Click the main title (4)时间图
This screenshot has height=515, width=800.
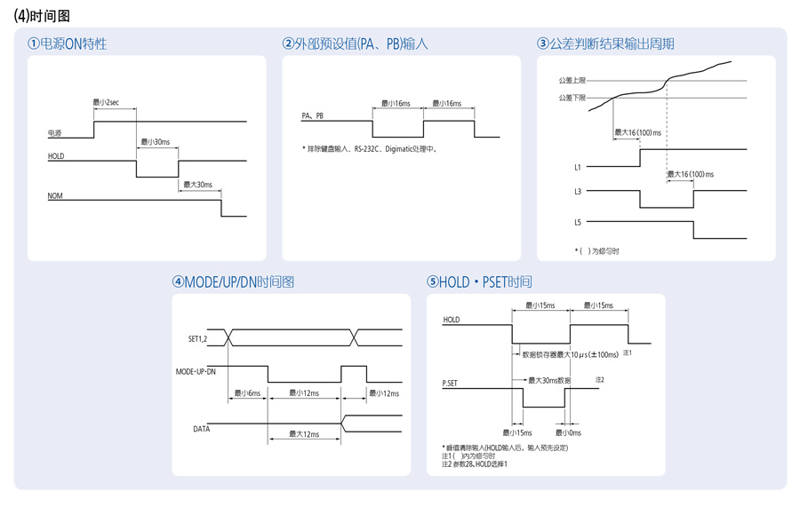42,16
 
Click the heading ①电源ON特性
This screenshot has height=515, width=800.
67,44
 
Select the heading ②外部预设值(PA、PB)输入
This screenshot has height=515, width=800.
355,44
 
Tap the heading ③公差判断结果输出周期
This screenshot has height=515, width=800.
605,44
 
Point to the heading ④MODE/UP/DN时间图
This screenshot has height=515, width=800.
233,282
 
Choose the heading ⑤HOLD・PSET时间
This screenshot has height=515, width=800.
479,282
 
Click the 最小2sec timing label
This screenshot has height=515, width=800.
106,102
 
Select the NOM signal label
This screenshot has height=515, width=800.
55,196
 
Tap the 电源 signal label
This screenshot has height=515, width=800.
54,133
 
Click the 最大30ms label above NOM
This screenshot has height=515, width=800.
198,185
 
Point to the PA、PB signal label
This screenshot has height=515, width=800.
312,115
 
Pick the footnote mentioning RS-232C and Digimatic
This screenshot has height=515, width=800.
370,149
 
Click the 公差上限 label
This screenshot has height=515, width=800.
572,80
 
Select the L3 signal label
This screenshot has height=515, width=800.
578,192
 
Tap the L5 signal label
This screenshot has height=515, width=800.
578,222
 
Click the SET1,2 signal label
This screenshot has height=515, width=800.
198,339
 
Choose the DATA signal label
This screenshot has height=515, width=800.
202,430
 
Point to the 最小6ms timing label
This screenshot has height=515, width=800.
247,393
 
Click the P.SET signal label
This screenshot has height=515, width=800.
450,383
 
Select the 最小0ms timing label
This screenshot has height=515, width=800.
568,433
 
